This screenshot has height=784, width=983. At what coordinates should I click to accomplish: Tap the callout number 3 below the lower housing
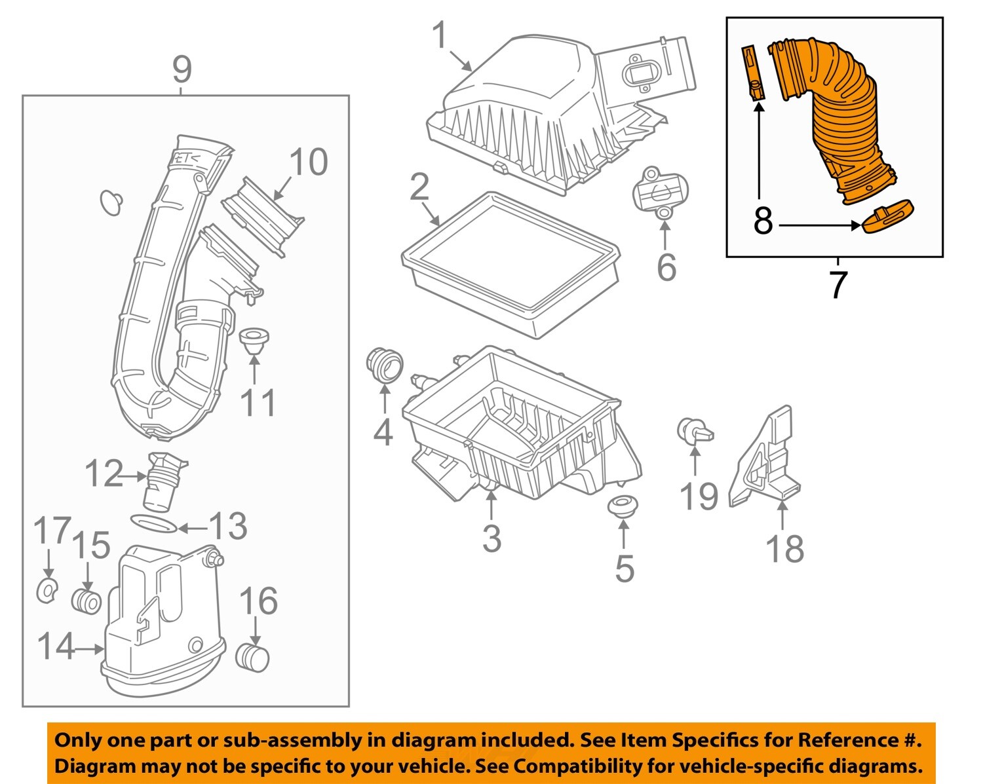coord(491,538)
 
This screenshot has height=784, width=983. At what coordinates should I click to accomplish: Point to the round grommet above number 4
coord(385,365)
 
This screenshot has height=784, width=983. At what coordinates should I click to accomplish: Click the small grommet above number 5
coord(623,506)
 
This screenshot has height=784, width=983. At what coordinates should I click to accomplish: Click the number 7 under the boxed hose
coord(838,285)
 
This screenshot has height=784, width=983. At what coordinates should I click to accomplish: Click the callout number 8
coord(763,221)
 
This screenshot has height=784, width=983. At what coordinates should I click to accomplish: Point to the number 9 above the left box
coord(182,69)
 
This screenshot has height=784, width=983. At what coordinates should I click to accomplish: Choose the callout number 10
coord(308,162)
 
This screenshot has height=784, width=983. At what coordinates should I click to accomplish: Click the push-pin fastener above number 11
coord(254,341)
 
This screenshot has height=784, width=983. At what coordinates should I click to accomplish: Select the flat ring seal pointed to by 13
coord(154,524)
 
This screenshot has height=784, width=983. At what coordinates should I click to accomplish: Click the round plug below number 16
coord(253,658)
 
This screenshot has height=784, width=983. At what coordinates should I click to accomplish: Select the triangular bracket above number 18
coord(765,458)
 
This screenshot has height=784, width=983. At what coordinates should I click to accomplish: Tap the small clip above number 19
coord(693,430)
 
